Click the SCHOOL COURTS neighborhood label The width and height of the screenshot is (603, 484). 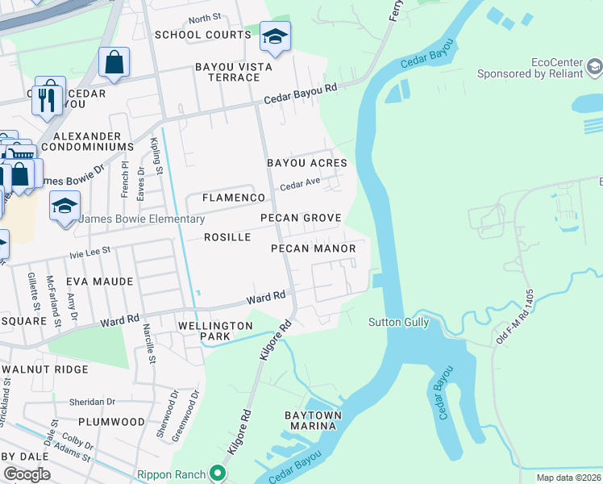click(x=203, y=35)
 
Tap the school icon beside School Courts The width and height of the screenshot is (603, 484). click(x=275, y=37)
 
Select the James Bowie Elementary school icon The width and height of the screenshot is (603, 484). click(x=64, y=207)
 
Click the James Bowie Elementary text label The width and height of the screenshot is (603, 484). click(x=143, y=219)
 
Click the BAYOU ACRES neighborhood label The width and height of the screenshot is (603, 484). click(x=307, y=163)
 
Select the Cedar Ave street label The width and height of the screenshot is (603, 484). click(x=300, y=185)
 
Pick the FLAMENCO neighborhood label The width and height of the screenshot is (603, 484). click(x=234, y=198)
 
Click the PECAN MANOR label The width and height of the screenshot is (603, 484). click(x=313, y=248)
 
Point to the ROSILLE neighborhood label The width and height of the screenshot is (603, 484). click(x=227, y=237)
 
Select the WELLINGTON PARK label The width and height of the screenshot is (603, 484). click(x=215, y=332)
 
